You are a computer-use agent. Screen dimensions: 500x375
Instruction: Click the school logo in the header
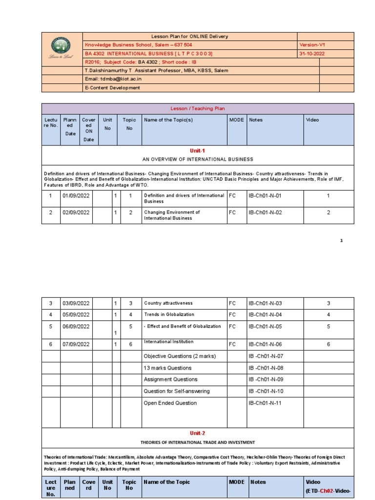point(62,48)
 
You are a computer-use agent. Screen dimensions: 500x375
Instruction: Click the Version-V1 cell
point(312,44)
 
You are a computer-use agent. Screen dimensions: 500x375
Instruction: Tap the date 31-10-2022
point(312,53)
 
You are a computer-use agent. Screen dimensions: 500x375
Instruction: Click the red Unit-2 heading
point(197,433)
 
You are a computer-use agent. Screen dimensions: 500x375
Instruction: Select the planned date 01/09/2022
point(76,196)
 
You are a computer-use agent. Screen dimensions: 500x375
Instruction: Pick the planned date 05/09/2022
point(76,314)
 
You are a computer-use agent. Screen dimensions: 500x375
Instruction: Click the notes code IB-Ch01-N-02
point(265,212)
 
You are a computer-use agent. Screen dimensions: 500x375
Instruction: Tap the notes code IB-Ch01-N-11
point(266,403)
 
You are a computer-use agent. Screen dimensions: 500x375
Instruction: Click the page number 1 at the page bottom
point(342,240)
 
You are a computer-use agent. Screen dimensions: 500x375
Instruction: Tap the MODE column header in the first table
point(236,120)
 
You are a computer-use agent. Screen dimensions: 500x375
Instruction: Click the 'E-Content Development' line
point(112,88)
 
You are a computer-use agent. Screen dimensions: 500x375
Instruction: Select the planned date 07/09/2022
point(76,344)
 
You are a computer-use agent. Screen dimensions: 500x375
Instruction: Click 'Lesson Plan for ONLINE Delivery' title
point(189,37)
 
